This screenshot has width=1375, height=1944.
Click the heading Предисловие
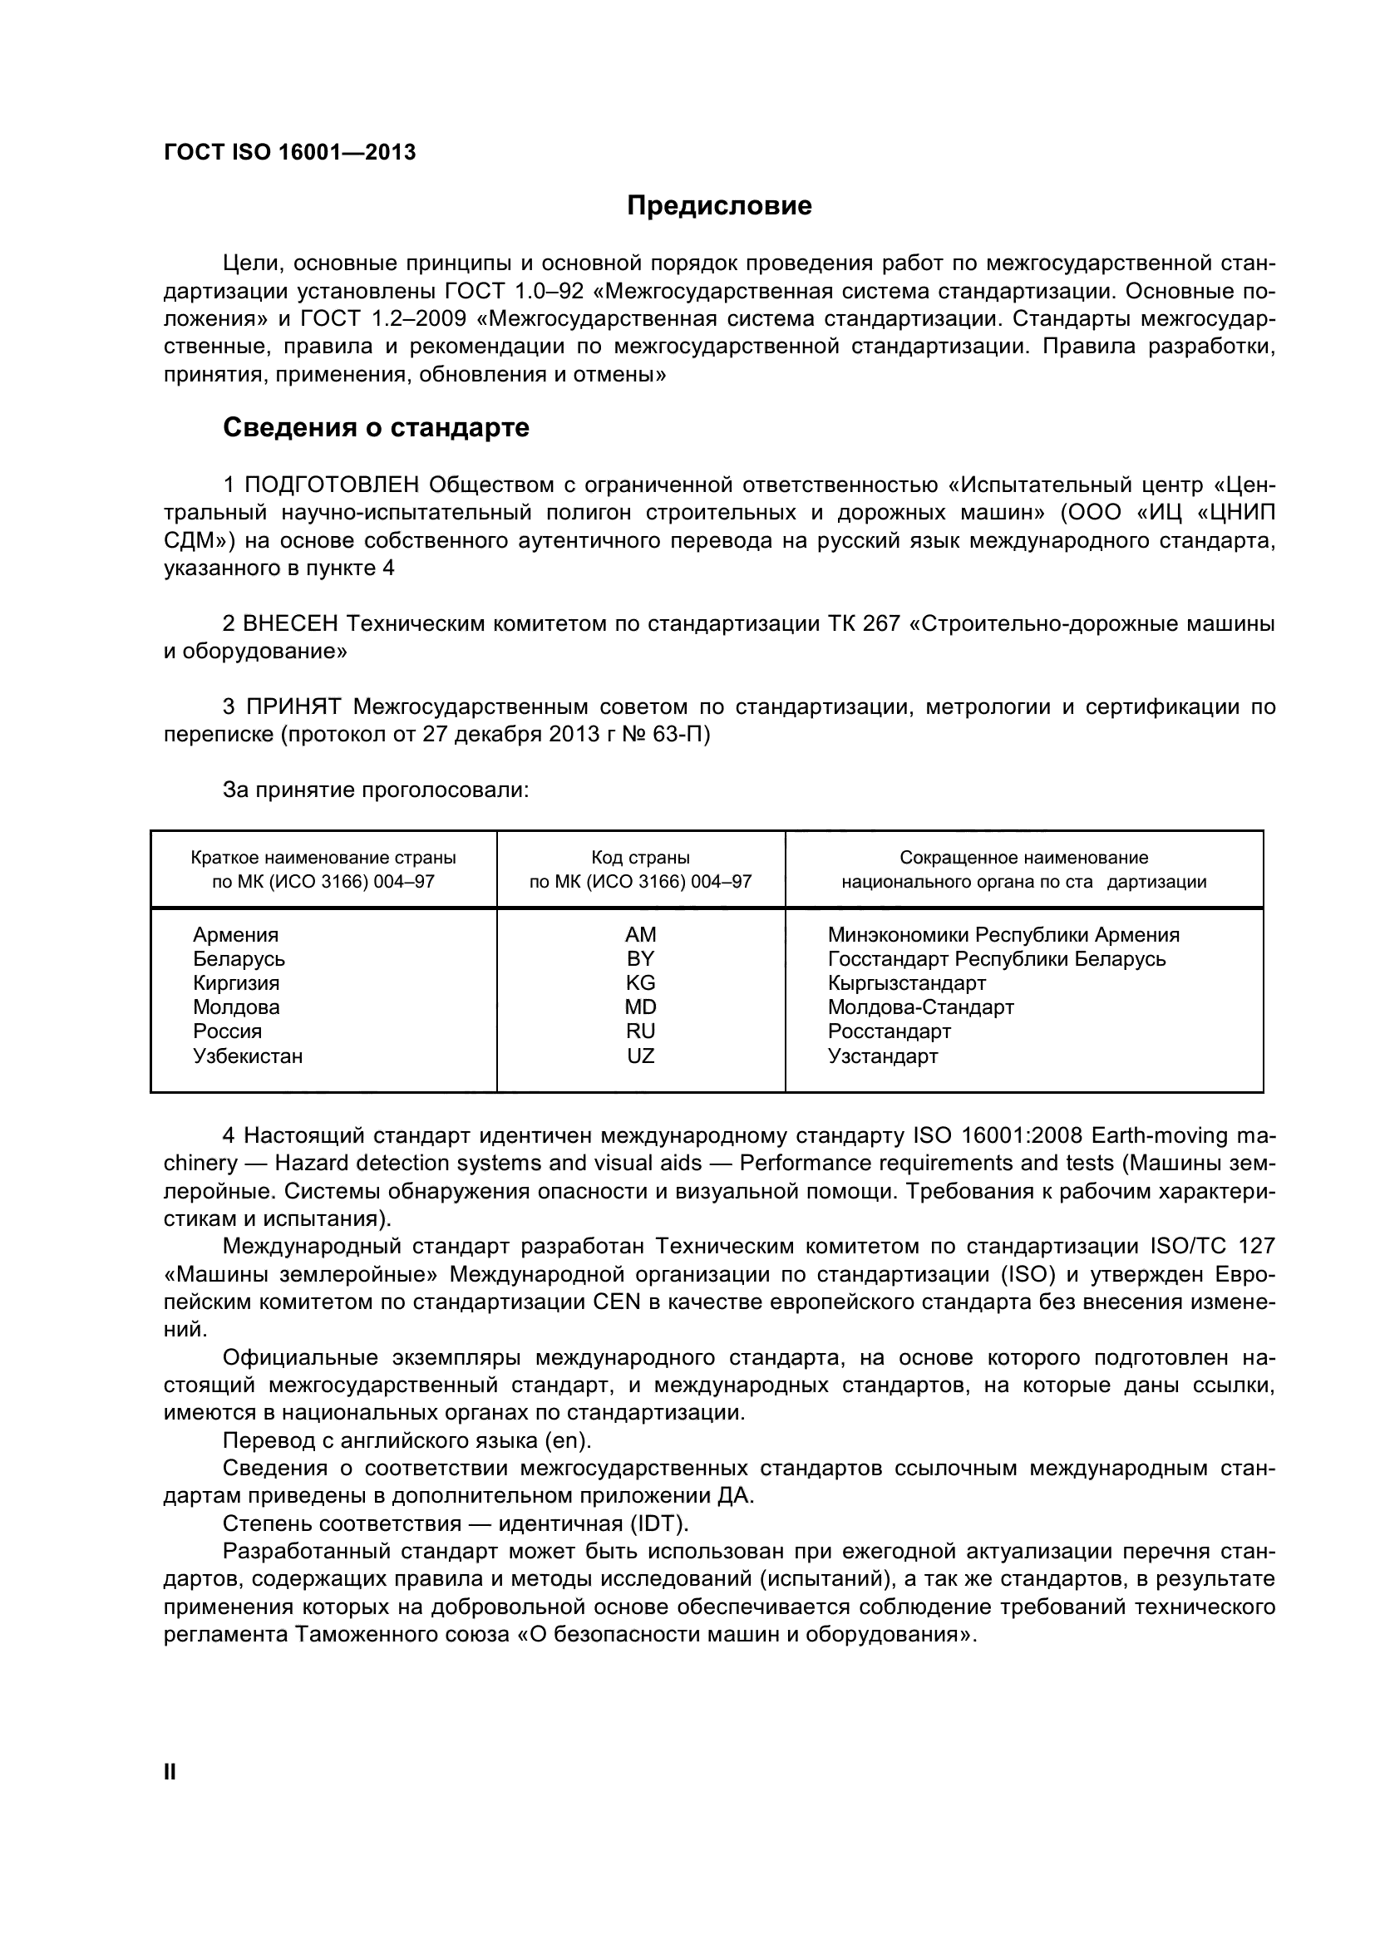pos(719,206)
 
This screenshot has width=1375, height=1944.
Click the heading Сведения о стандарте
pos(375,427)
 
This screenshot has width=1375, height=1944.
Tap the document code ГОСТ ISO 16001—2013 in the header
pos(289,152)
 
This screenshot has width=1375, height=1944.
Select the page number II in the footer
pos(170,1772)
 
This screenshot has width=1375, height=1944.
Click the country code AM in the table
pos(640,935)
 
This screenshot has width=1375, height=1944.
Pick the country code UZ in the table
pos(640,1056)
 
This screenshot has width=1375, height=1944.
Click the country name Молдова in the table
pos(236,1007)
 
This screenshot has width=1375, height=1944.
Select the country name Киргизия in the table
pos(236,983)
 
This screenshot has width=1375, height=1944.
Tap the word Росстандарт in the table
pos(889,1031)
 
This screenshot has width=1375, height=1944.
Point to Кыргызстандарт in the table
pos(906,983)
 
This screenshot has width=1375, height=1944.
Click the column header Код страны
pos(640,858)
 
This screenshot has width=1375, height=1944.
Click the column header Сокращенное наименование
pos(1023,858)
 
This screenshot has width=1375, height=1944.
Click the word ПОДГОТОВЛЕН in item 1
pos(332,485)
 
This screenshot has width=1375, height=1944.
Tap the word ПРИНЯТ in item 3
pos(293,707)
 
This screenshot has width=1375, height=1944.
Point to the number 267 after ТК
pos(881,624)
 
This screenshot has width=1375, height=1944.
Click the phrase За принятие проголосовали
pos(375,790)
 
